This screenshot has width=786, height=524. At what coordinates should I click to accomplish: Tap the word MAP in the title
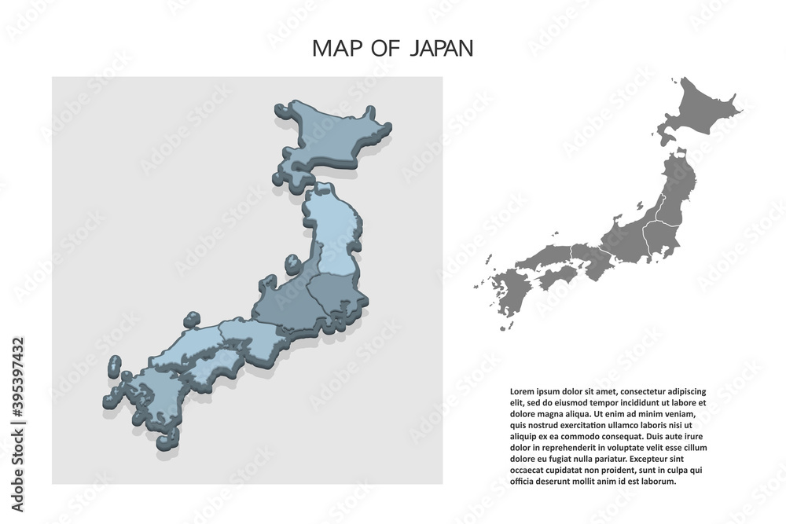[336, 49]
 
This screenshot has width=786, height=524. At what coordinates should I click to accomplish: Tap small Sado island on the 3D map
[292, 262]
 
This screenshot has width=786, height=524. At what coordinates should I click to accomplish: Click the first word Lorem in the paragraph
[521, 390]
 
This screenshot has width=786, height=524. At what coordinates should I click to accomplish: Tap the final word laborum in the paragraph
[658, 482]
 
